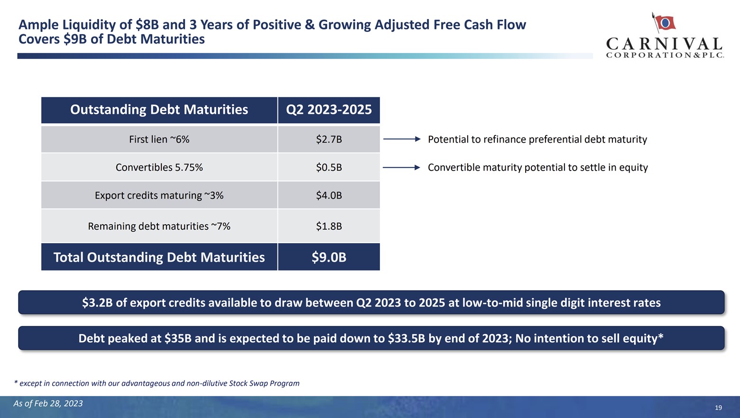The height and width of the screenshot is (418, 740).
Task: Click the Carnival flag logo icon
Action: [x=664, y=22]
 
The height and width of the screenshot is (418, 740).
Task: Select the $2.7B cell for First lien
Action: [x=329, y=139]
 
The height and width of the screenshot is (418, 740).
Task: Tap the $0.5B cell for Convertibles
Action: [x=329, y=167]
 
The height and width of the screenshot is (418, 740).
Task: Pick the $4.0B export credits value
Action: [x=329, y=195]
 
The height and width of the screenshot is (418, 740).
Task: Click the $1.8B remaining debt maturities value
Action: [x=329, y=226]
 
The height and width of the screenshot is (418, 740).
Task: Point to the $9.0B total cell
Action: [x=329, y=257]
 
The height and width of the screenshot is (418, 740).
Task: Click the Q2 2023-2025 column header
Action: [x=329, y=109]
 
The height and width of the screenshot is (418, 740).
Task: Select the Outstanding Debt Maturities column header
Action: [x=159, y=109]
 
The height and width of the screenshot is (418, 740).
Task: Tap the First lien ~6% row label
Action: [x=159, y=139]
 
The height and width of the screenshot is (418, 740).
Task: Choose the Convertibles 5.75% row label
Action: [x=159, y=167]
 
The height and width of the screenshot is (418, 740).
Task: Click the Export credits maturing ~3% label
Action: [x=159, y=195]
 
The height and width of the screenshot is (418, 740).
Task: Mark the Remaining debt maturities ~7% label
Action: [x=159, y=226]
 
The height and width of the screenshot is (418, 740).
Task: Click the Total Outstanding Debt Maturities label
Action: [x=159, y=257]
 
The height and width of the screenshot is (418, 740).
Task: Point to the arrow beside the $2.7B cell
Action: [x=401, y=139]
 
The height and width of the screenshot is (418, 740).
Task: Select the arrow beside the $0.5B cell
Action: [x=401, y=167]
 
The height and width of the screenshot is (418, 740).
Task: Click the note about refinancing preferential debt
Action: [x=537, y=139]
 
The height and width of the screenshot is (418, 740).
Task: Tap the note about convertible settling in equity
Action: [x=537, y=167]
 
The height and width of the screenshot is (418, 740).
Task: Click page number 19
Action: [x=718, y=408]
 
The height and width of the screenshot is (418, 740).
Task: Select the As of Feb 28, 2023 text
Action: [x=48, y=403]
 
